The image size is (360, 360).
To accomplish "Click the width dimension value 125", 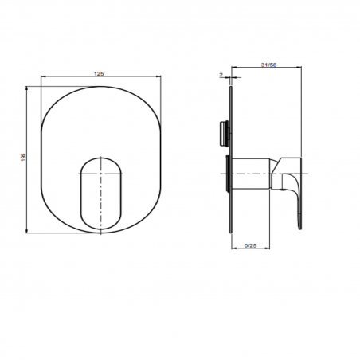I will tap(100, 73).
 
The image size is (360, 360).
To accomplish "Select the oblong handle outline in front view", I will tap(100, 194).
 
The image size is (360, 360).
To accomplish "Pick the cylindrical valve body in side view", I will tap(253, 174).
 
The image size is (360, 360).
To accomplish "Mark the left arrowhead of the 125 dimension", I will tap(41, 77).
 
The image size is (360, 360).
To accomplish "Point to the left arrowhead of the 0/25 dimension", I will tap(233, 250).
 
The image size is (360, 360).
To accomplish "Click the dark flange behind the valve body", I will tap(228, 174).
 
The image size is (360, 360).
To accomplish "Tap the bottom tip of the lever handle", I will tap(302, 230).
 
